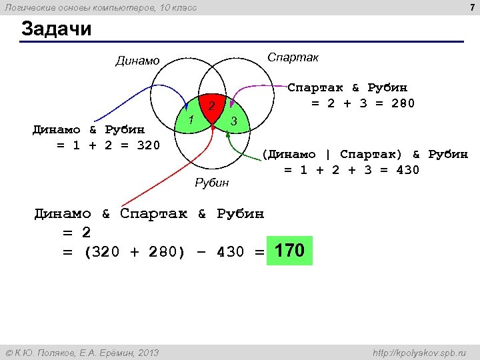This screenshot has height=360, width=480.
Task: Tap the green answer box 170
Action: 289,251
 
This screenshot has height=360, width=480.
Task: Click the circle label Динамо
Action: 137,61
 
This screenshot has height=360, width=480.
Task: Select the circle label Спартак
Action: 293,57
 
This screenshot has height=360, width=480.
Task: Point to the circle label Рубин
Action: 211,183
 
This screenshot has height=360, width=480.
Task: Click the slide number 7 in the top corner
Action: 471,7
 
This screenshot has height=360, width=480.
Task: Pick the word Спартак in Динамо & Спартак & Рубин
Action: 154,214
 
